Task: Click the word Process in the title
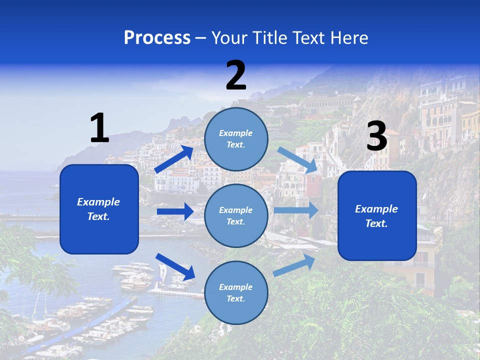(157, 37)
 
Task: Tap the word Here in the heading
(349, 37)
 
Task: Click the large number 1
(99, 128)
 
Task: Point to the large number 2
(236, 75)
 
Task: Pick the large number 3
(376, 136)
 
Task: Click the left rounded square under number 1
(99, 209)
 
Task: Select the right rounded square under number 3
(377, 215)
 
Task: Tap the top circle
(236, 139)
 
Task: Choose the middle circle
(236, 215)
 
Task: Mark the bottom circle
(236, 292)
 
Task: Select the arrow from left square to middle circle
(175, 211)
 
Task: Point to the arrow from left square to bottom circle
(175, 266)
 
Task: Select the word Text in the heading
(309, 37)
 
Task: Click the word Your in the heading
(229, 37)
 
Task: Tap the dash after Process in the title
(201, 38)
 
